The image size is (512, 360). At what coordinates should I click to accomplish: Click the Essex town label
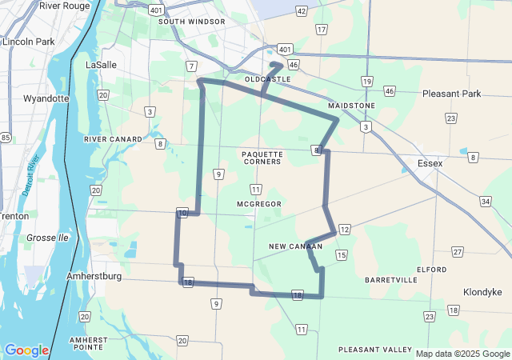pos(430,163)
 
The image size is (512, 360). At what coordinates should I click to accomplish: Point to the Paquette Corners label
pos(262,157)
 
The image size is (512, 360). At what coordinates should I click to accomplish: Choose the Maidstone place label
pos(351,106)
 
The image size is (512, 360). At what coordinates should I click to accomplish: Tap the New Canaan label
pos(295,246)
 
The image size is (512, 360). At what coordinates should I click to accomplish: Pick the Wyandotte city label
pos(46,99)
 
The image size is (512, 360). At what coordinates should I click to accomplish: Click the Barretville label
pos(390,280)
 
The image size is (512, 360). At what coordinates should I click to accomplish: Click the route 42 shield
pos(301,10)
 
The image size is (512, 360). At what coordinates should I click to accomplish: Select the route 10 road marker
pos(183,214)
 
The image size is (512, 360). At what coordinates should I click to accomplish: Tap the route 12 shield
pos(344,230)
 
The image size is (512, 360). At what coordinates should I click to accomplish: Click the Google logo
pos(26,350)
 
